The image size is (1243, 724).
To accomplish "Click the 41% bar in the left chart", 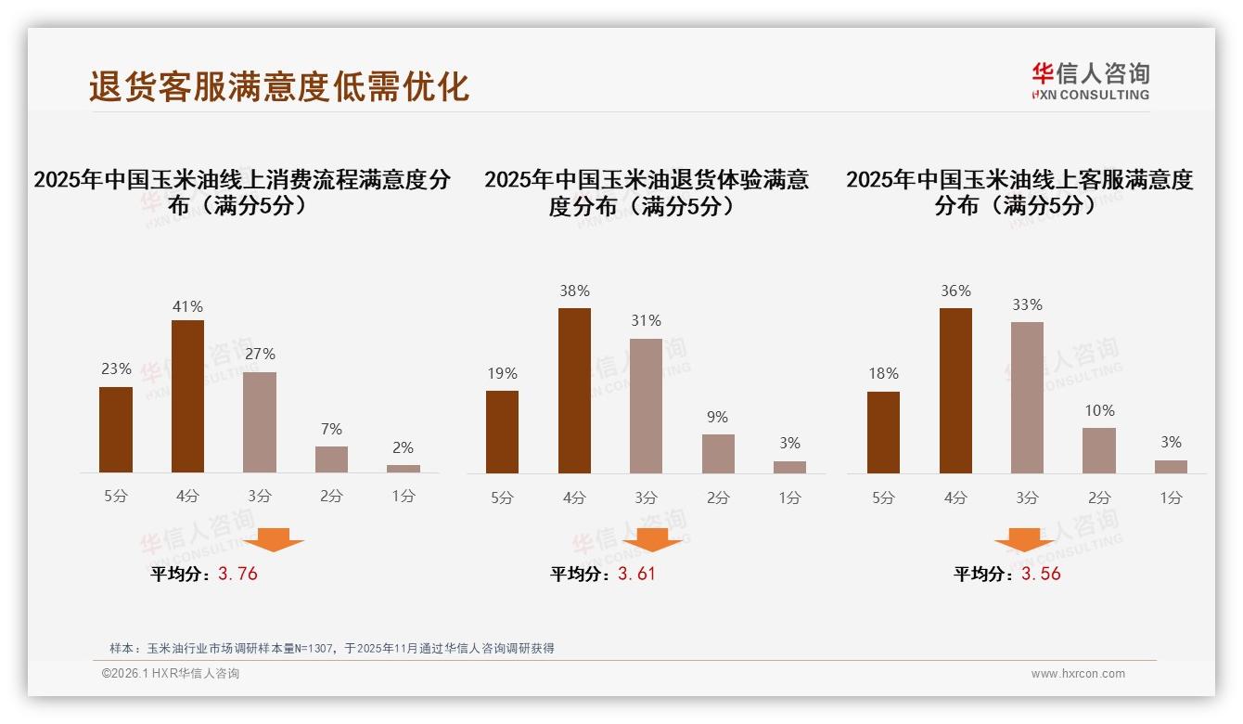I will (x=187, y=396).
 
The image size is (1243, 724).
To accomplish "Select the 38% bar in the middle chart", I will (x=574, y=391).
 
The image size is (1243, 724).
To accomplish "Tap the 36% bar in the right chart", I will (x=955, y=391).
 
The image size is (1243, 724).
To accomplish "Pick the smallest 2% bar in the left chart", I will (x=404, y=469).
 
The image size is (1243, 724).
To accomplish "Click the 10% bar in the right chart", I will (x=1099, y=450).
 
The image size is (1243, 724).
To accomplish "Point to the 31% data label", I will (x=646, y=320).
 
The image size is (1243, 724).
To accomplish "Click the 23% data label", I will (x=116, y=368).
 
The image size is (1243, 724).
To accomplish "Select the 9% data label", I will (x=717, y=417).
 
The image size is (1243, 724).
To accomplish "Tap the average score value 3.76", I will (x=237, y=574).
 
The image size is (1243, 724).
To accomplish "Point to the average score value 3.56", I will (x=1041, y=574).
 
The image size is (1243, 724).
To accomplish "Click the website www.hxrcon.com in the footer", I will (x=1078, y=674).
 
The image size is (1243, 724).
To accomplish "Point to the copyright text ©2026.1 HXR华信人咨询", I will (x=171, y=674).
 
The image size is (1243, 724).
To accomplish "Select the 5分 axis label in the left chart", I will (x=116, y=497).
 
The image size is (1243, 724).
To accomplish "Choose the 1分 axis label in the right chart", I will (x=1171, y=498).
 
